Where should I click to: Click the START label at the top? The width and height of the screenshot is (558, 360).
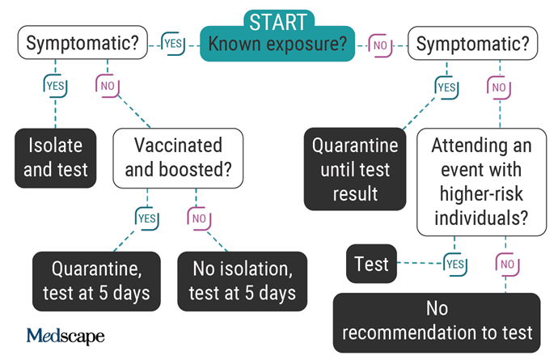[x=278, y=21]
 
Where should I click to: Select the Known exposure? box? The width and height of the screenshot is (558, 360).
[x=277, y=44]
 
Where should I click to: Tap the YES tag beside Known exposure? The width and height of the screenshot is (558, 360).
[x=173, y=44]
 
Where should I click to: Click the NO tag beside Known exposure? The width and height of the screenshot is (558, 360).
[x=380, y=45]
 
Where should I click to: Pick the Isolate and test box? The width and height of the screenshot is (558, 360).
[x=56, y=158]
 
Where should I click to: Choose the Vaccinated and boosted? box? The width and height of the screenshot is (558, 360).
[x=178, y=158]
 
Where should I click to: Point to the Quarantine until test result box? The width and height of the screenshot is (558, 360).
[x=355, y=169]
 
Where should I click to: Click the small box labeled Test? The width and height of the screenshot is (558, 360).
[x=371, y=264]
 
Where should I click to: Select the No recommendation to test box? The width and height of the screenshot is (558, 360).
[x=437, y=323]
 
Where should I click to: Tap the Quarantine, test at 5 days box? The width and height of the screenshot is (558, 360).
[x=96, y=282]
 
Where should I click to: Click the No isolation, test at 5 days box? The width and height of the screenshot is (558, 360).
[x=243, y=282]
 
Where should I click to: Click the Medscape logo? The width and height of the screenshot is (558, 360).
[x=66, y=336]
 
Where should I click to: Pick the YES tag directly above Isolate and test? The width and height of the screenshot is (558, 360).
[x=55, y=86]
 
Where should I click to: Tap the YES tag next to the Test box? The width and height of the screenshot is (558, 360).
[x=455, y=265]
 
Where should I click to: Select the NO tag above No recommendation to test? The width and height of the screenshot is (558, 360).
[x=507, y=265]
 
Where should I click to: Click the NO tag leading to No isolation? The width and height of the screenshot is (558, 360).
[x=199, y=218]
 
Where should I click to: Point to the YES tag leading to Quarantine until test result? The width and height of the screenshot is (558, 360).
[x=446, y=87]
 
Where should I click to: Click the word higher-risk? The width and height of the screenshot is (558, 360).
[x=481, y=194]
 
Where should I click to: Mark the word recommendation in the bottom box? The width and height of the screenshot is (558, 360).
[x=409, y=332]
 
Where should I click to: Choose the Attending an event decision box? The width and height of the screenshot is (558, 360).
[x=481, y=182]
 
